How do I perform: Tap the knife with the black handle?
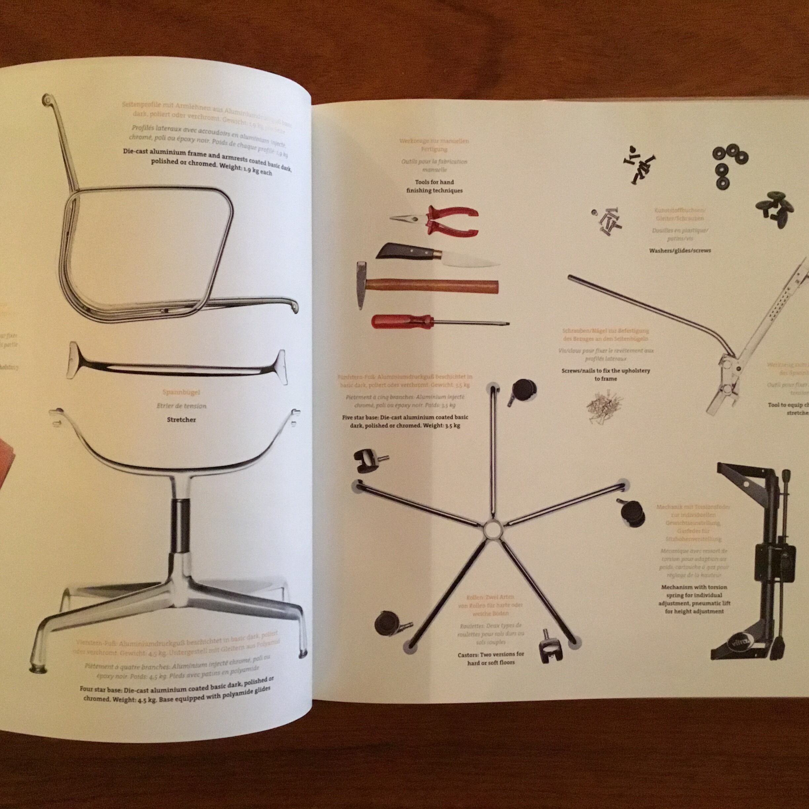(x=419, y=255)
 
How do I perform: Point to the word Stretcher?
(x=181, y=420)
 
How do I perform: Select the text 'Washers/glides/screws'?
(x=679, y=250)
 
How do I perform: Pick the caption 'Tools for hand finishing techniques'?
(x=434, y=186)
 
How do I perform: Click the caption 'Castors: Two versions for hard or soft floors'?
(x=491, y=658)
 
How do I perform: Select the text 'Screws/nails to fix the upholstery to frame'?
(x=605, y=374)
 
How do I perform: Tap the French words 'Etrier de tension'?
(x=181, y=406)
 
